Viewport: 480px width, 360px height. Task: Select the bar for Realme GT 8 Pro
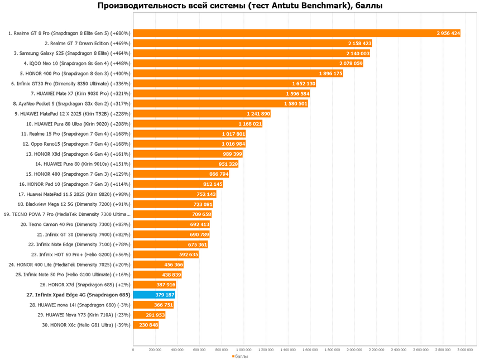click(296, 33)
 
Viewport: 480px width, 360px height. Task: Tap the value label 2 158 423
click(359, 44)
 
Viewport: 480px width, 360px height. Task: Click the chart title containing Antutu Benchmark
click(240, 6)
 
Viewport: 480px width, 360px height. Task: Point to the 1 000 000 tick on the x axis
click(243, 350)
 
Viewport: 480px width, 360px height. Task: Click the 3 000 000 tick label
click(465, 350)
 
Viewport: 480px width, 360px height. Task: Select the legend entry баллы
click(241, 356)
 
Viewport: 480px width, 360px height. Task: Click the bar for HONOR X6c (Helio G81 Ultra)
click(146, 325)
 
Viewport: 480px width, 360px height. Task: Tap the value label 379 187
click(165, 295)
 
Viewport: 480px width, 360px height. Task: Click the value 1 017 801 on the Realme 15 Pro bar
click(233, 134)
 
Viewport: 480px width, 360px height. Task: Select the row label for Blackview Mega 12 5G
click(70, 204)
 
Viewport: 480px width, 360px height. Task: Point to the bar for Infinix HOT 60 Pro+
click(166, 255)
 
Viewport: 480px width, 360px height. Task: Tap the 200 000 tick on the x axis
click(155, 350)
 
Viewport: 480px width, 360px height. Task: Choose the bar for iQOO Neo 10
click(248, 64)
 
